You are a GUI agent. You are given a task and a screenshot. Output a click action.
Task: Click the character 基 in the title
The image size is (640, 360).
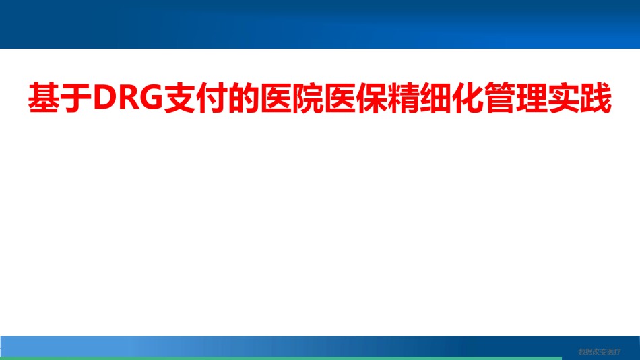(44, 98)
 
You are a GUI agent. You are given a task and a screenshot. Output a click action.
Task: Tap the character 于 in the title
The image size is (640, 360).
(76, 98)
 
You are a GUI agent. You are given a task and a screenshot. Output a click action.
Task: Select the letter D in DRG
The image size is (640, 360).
(104, 98)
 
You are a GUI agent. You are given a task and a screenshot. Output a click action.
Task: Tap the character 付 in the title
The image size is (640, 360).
(212, 98)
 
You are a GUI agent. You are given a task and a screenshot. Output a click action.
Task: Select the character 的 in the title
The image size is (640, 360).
(244, 98)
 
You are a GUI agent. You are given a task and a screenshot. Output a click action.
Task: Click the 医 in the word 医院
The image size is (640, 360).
(276, 98)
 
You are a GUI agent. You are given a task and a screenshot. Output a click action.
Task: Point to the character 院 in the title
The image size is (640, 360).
(308, 98)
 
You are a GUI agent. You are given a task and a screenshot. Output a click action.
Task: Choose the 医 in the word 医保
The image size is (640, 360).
(340, 98)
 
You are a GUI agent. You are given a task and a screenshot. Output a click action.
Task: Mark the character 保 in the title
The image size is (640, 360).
(372, 98)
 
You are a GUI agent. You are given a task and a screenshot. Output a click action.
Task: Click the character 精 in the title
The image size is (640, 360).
(404, 98)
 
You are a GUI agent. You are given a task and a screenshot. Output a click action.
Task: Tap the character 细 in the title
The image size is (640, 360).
(436, 98)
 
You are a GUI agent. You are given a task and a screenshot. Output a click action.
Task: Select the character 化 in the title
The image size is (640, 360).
(468, 98)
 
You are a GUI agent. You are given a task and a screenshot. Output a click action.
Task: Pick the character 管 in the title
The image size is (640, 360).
(500, 98)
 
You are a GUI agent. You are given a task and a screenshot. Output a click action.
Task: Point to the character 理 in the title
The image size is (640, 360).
(532, 98)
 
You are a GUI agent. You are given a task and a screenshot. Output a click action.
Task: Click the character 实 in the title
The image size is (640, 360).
(564, 98)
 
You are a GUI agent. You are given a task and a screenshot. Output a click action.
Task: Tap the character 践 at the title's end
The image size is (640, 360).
(596, 98)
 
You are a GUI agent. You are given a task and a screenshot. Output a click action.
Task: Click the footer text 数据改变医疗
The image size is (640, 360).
(600, 352)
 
